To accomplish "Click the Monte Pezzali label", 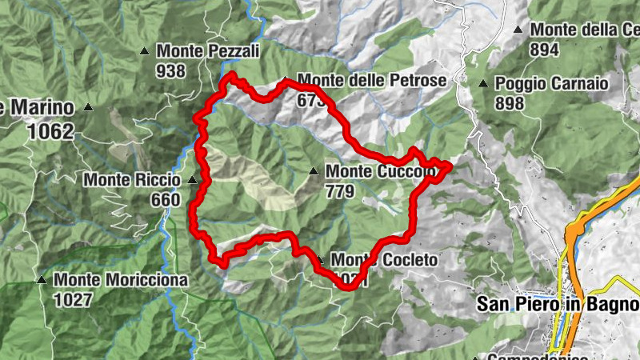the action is click(x=208, y=51).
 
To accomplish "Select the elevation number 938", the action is click(x=171, y=71).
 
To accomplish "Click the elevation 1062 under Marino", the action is click(x=50, y=131).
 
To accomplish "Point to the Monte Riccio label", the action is click(x=131, y=180).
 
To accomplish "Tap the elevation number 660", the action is click(x=165, y=199).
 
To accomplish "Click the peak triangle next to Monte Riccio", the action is click(x=191, y=180).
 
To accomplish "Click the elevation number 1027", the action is click(x=74, y=300).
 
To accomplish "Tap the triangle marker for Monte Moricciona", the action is click(x=41, y=281).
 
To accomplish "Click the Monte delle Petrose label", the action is click(x=371, y=81).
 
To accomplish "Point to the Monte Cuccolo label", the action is click(x=381, y=171).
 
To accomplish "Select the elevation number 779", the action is click(x=340, y=191).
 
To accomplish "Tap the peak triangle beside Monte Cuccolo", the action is click(x=314, y=170).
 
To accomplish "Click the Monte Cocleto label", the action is click(x=384, y=261).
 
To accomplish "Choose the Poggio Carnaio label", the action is click(x=552, y=83).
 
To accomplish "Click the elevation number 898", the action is click(x=510, y=103).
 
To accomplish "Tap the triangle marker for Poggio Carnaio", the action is click(x=482, y=84).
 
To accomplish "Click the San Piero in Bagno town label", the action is click(x=558, y=305).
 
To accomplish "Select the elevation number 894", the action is click(x=544, y=49).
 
